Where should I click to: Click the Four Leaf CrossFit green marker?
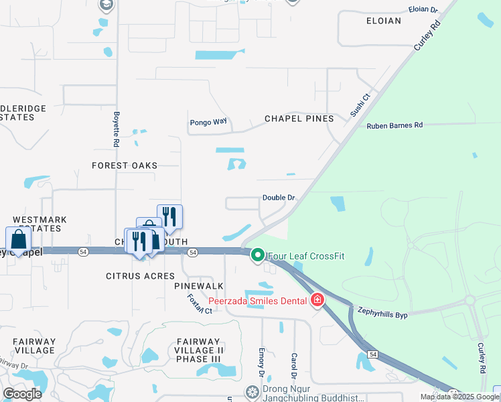click(x=257, y=255)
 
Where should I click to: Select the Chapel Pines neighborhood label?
click(x=299, y=119)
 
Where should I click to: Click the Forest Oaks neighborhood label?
click(x=125, y=165)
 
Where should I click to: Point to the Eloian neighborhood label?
click(x=384, y=21)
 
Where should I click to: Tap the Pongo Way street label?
click(x=208, y=122)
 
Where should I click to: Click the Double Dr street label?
click(x=279, y=198)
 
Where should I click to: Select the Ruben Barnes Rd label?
click(x=395, y=125)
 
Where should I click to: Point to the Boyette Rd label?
click(x=116, y=129)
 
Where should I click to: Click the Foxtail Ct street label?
click(x=199, y=304)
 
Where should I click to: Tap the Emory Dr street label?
click(x=262, y=362)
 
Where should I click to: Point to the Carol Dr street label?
click(x=293, y=366)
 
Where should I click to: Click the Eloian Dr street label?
click(x=423, y=10)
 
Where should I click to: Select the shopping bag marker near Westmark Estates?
click(x=18, y=240)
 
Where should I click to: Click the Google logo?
click(x=22, y=394)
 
